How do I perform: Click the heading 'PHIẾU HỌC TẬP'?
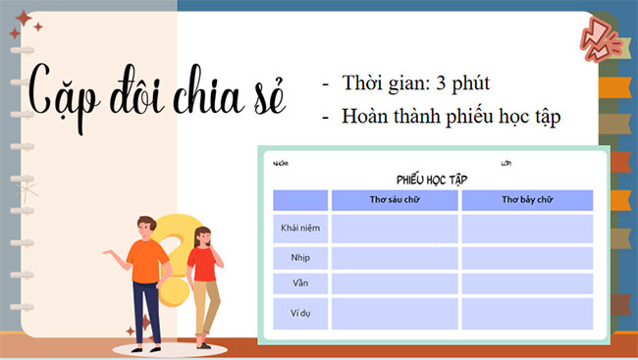pos(433,180)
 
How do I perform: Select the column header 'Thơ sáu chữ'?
pos(395,200)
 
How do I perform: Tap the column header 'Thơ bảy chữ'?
pos(527,200)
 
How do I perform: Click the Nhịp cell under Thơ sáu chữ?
pos(395,258)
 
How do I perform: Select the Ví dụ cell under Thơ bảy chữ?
pos(527,313)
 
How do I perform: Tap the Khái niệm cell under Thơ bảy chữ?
pos(527,229)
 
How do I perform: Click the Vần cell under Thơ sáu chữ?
pos(395,283)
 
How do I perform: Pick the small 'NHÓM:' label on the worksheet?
pos(282,163)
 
